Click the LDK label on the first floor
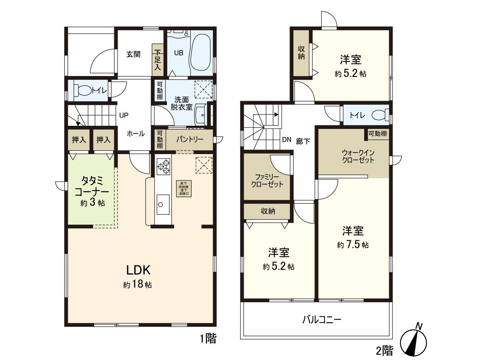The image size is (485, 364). pos(139,270)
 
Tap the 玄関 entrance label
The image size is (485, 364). pos(133,54)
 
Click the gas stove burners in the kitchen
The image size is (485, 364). pos(163,167)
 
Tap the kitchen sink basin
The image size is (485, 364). pos(163,201)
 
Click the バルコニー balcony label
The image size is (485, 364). pos(322,320)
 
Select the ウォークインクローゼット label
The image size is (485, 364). pos(358,156)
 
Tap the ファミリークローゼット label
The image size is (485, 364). pos(267,180)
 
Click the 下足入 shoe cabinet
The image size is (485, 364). pos(157,60)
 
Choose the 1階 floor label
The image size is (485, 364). pos(208,338)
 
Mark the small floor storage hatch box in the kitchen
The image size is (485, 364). pos(184,188)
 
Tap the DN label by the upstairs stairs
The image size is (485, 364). pos(287,140)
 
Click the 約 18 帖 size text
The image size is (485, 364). pos(138,285)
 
